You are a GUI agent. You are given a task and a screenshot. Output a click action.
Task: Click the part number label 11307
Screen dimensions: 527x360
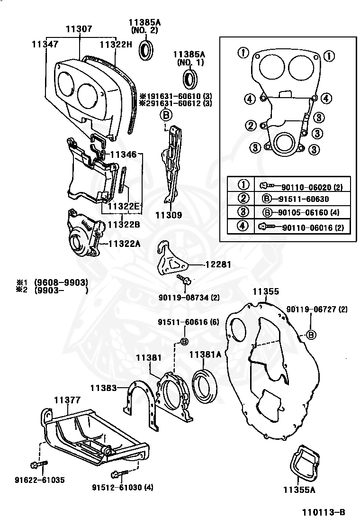pyautogui.click(x=79, y=29)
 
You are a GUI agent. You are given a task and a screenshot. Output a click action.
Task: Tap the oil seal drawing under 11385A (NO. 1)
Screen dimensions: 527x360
pyautogui.click(x=191, y=79)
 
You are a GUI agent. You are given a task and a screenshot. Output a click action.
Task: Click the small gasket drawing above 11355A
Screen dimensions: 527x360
pyautogui.click(x=304, y=463)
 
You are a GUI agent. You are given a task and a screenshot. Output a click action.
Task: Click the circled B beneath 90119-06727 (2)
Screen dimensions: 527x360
pyautogui.click(x=311, y=335)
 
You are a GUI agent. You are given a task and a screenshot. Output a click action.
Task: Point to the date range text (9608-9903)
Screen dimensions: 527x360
pyautogui.click(x=61, y=282)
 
